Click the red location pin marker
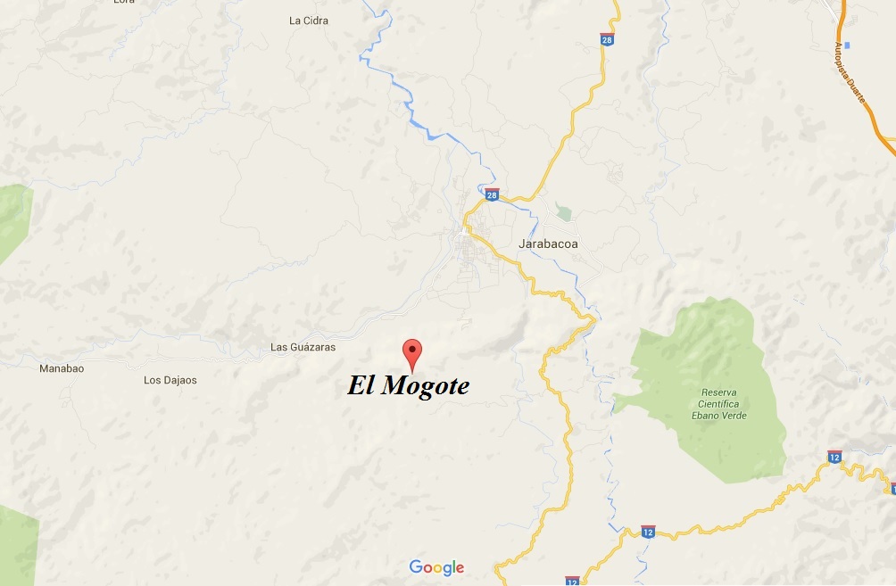(x=411, y=351)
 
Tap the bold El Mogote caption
(x=408, y=386)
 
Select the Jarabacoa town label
(x=548, y=243)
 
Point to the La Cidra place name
(x=309, y=21)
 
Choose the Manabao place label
(x=62, y=367)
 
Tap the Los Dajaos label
(x=170, y=380)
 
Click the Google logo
(x=436, y=567)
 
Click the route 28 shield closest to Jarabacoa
(x=492, y=194)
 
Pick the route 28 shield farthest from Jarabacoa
(x=606, y=39)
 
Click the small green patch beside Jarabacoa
(x=562, y=212)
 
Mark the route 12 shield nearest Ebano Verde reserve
(x=834, y=456)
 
